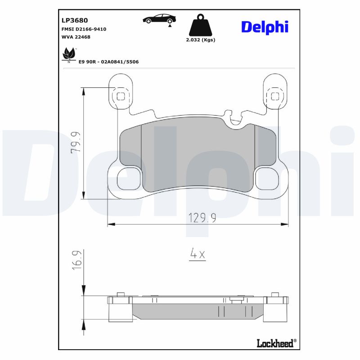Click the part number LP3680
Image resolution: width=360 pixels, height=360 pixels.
coord(74,20)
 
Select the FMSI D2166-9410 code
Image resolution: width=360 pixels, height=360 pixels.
coord(84,29)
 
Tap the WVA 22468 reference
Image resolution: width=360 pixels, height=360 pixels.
coord(76,37)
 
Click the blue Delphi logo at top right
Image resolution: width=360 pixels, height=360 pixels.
coord(265,27)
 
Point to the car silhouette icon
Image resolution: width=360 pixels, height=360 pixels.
coord(159,19)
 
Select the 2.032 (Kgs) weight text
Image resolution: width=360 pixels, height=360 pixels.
coord(200,40)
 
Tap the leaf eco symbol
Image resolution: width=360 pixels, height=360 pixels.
coord(69,54)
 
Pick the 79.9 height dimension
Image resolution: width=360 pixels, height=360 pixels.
coord(76,142)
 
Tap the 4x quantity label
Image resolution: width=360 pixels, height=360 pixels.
coord(197,254)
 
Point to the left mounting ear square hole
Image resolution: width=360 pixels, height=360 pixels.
coord(121,95)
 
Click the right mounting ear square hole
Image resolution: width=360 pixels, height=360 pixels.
coord(274,95)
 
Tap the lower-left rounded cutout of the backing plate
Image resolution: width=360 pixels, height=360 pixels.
coord(128,179)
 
